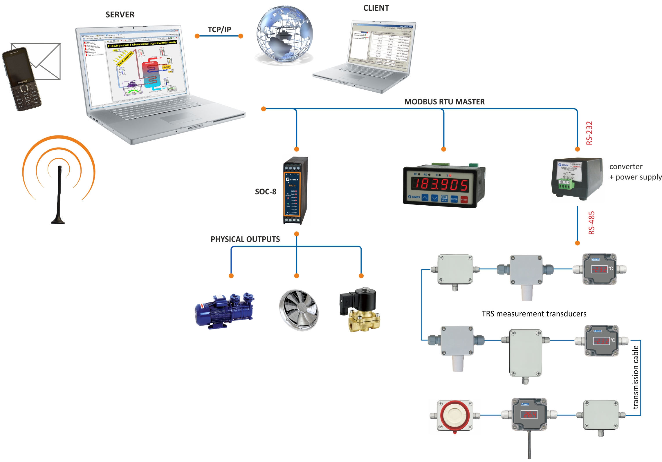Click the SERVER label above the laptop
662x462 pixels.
coord(120,15)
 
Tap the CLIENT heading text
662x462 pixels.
coord(376,8)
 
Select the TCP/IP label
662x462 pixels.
coord(219,29)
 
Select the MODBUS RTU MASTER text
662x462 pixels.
coord(444,102)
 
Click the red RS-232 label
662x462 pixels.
coord(589,133)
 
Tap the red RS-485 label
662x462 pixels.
coord(591,223)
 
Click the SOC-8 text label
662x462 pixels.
coord(265,192)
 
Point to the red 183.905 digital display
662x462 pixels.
coord(440,184)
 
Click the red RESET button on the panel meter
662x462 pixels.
coord(464,199)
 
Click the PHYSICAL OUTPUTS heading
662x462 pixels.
coord(245,239)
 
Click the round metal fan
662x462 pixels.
coord(299,310)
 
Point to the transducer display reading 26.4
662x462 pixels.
coord(529,414)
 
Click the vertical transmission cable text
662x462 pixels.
coord(635,377)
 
